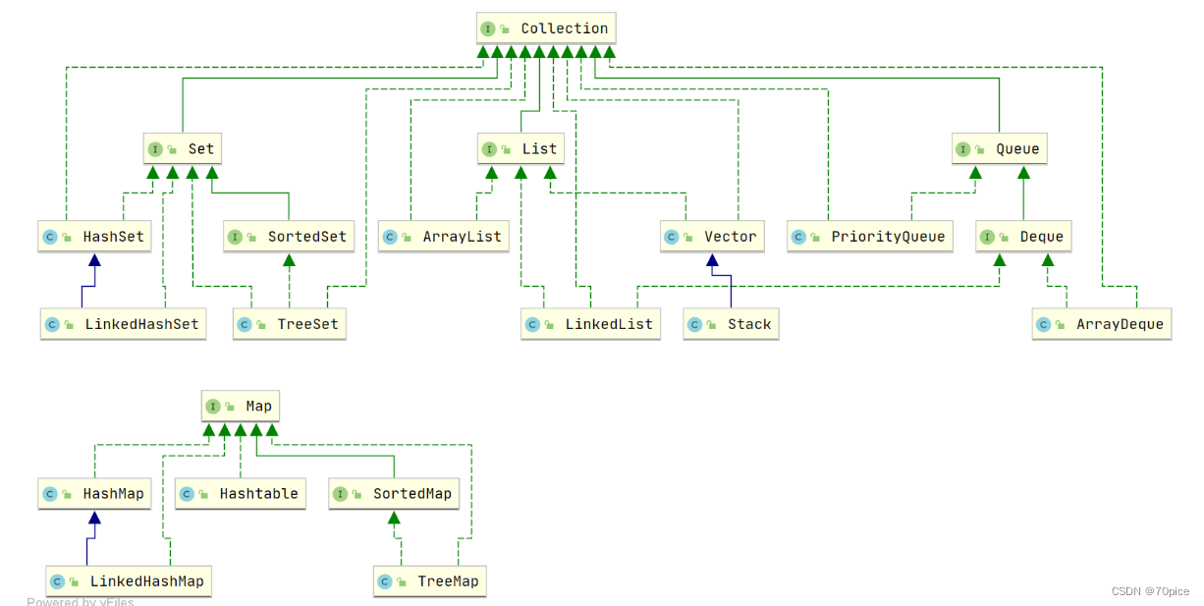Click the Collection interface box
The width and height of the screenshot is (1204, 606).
tap(546, 28)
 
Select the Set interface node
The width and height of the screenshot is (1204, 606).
tap(183, 148)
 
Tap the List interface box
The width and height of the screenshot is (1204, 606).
tap(520, 148)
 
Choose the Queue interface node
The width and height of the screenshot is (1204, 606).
tap(999, 148)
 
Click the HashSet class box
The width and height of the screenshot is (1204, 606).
tap(94, 236)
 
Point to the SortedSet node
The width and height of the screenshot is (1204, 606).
tap(289, 236)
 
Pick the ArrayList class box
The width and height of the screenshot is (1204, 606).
tap(444, 236)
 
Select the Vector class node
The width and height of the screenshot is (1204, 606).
tap(712, 236)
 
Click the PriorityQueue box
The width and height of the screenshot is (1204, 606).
tap(870, 236)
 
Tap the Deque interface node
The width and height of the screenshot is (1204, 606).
tap(1023, 236)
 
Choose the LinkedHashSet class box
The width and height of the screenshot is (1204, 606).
tap(123, 324)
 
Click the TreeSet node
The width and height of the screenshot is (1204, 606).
tap(290, 324)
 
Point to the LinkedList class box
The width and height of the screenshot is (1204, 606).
tap(591, 324)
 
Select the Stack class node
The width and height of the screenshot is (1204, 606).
tap(731, 324)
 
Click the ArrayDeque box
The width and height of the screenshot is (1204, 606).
tap(1102, 324)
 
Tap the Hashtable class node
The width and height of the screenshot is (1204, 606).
tap(241, 493)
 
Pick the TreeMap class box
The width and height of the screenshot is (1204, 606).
tap(430, 580)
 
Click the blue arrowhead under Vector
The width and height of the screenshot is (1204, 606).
tap(712, 260)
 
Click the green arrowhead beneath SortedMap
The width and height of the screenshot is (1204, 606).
tap(394, 518)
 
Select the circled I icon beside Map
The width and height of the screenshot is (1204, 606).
tap(213, 406)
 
